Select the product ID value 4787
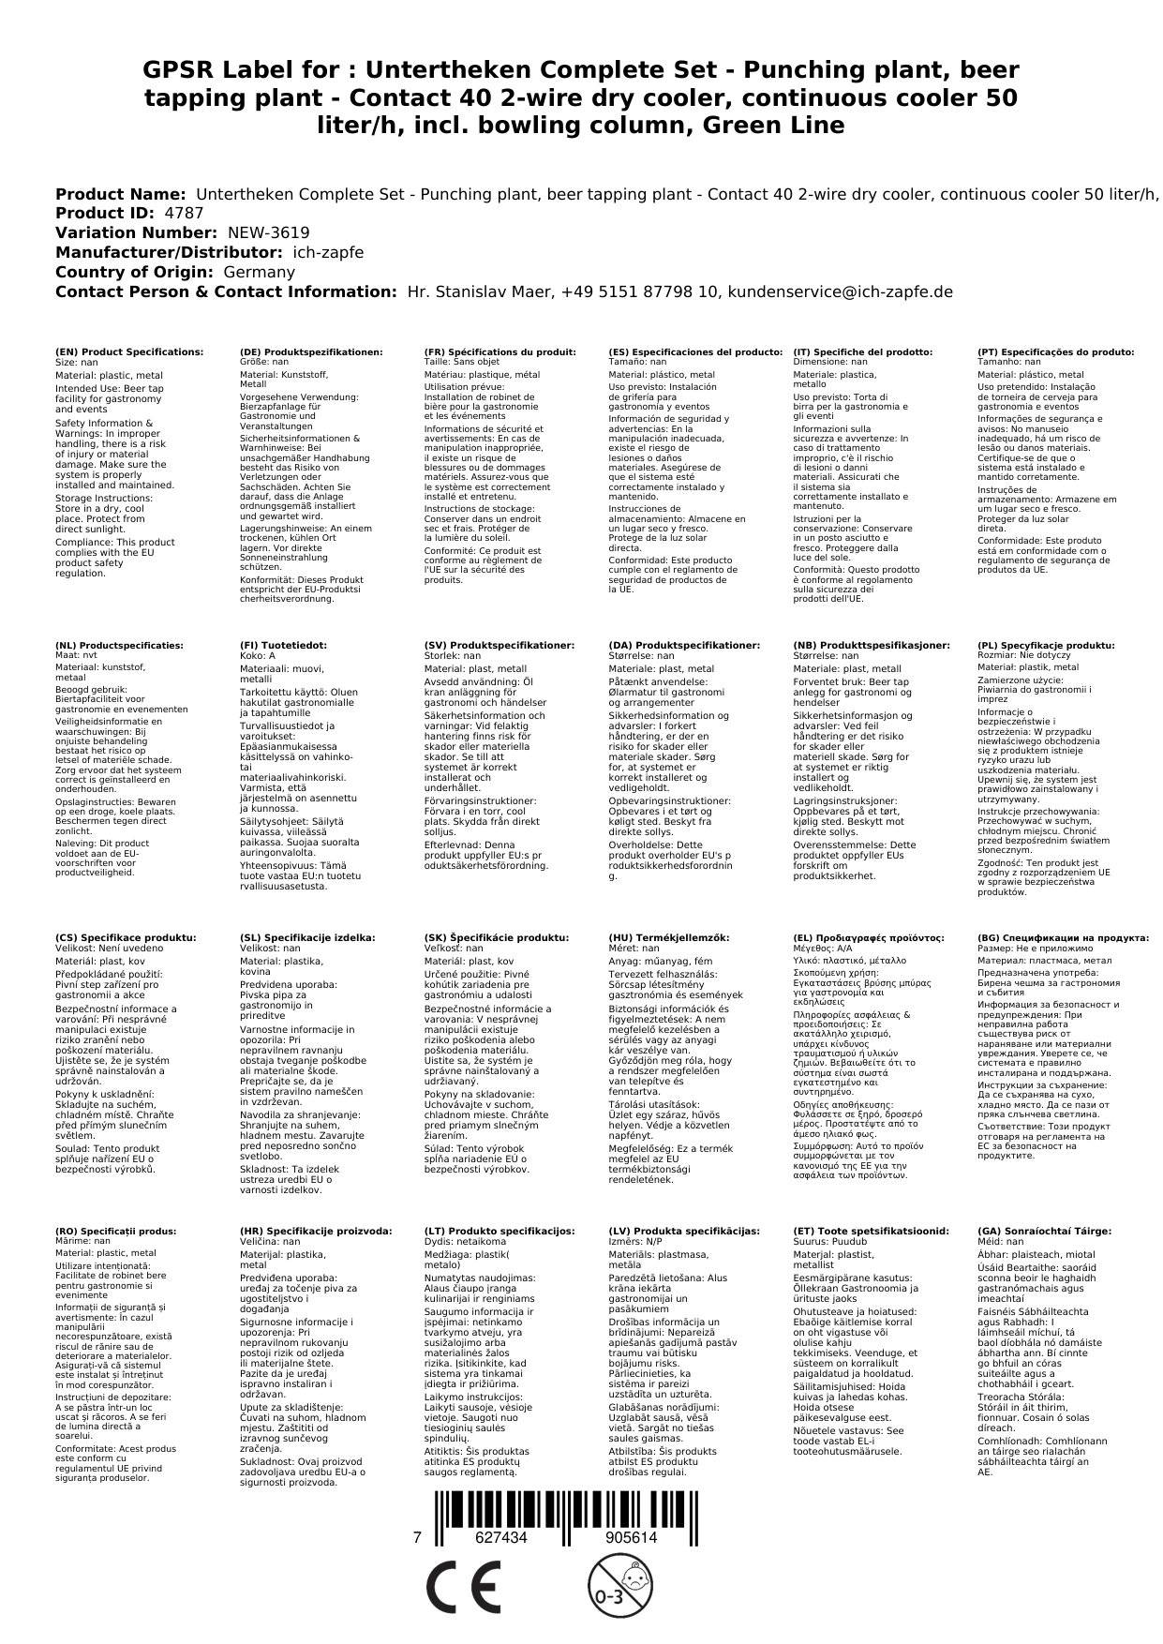coord(184,213)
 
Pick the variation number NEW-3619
coord(268,232)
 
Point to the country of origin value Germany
coord(259,272)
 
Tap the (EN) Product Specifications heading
coord(129,351)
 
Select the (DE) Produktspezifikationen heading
coord(311,351)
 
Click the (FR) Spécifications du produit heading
coord(499,351)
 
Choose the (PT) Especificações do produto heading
coord(1055,351)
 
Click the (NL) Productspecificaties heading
coord(119,645)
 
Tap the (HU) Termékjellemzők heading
coord(668,937)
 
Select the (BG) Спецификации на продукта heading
coord(1063,937)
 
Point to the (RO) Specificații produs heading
coord(115,1231)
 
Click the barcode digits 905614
coord(631,1537)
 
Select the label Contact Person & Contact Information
coord(226,291)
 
